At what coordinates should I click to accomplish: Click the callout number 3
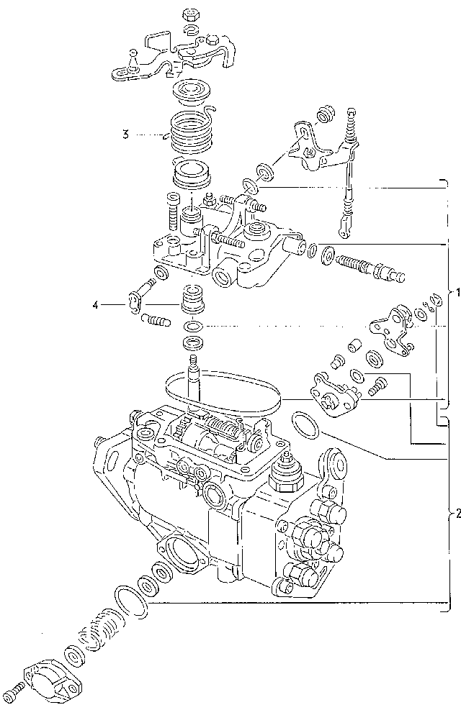pos(125,134)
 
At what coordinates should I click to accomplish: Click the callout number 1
pos(455,293)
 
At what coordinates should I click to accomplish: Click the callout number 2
pos(455,514)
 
